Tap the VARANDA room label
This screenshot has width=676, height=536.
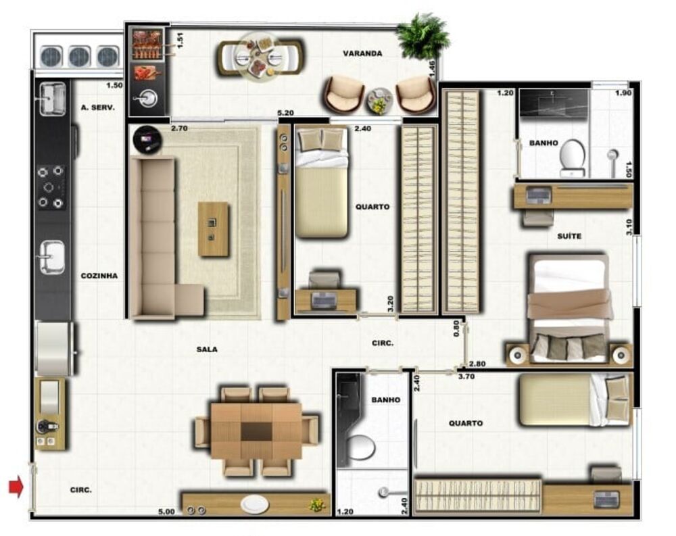point(362,53)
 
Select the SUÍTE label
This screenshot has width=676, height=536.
point(569,236)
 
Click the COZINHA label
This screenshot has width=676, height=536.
point(99,276)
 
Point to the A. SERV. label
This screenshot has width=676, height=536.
point(98,107)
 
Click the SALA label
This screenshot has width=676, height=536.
point(207,349)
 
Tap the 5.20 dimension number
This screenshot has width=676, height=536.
point(285,113)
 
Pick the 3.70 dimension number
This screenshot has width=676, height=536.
point(466,376)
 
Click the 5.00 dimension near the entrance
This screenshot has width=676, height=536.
point(166,512)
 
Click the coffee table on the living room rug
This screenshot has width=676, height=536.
point(214,229)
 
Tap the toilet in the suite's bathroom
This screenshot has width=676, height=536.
point(573,157)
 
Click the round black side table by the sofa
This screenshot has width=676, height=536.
point(147,139)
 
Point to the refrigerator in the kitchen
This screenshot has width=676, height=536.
point(54,348)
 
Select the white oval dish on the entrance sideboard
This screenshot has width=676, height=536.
point(255,504)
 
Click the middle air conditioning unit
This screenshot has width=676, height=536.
point(80,57)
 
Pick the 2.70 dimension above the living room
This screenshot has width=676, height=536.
point(179,128)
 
